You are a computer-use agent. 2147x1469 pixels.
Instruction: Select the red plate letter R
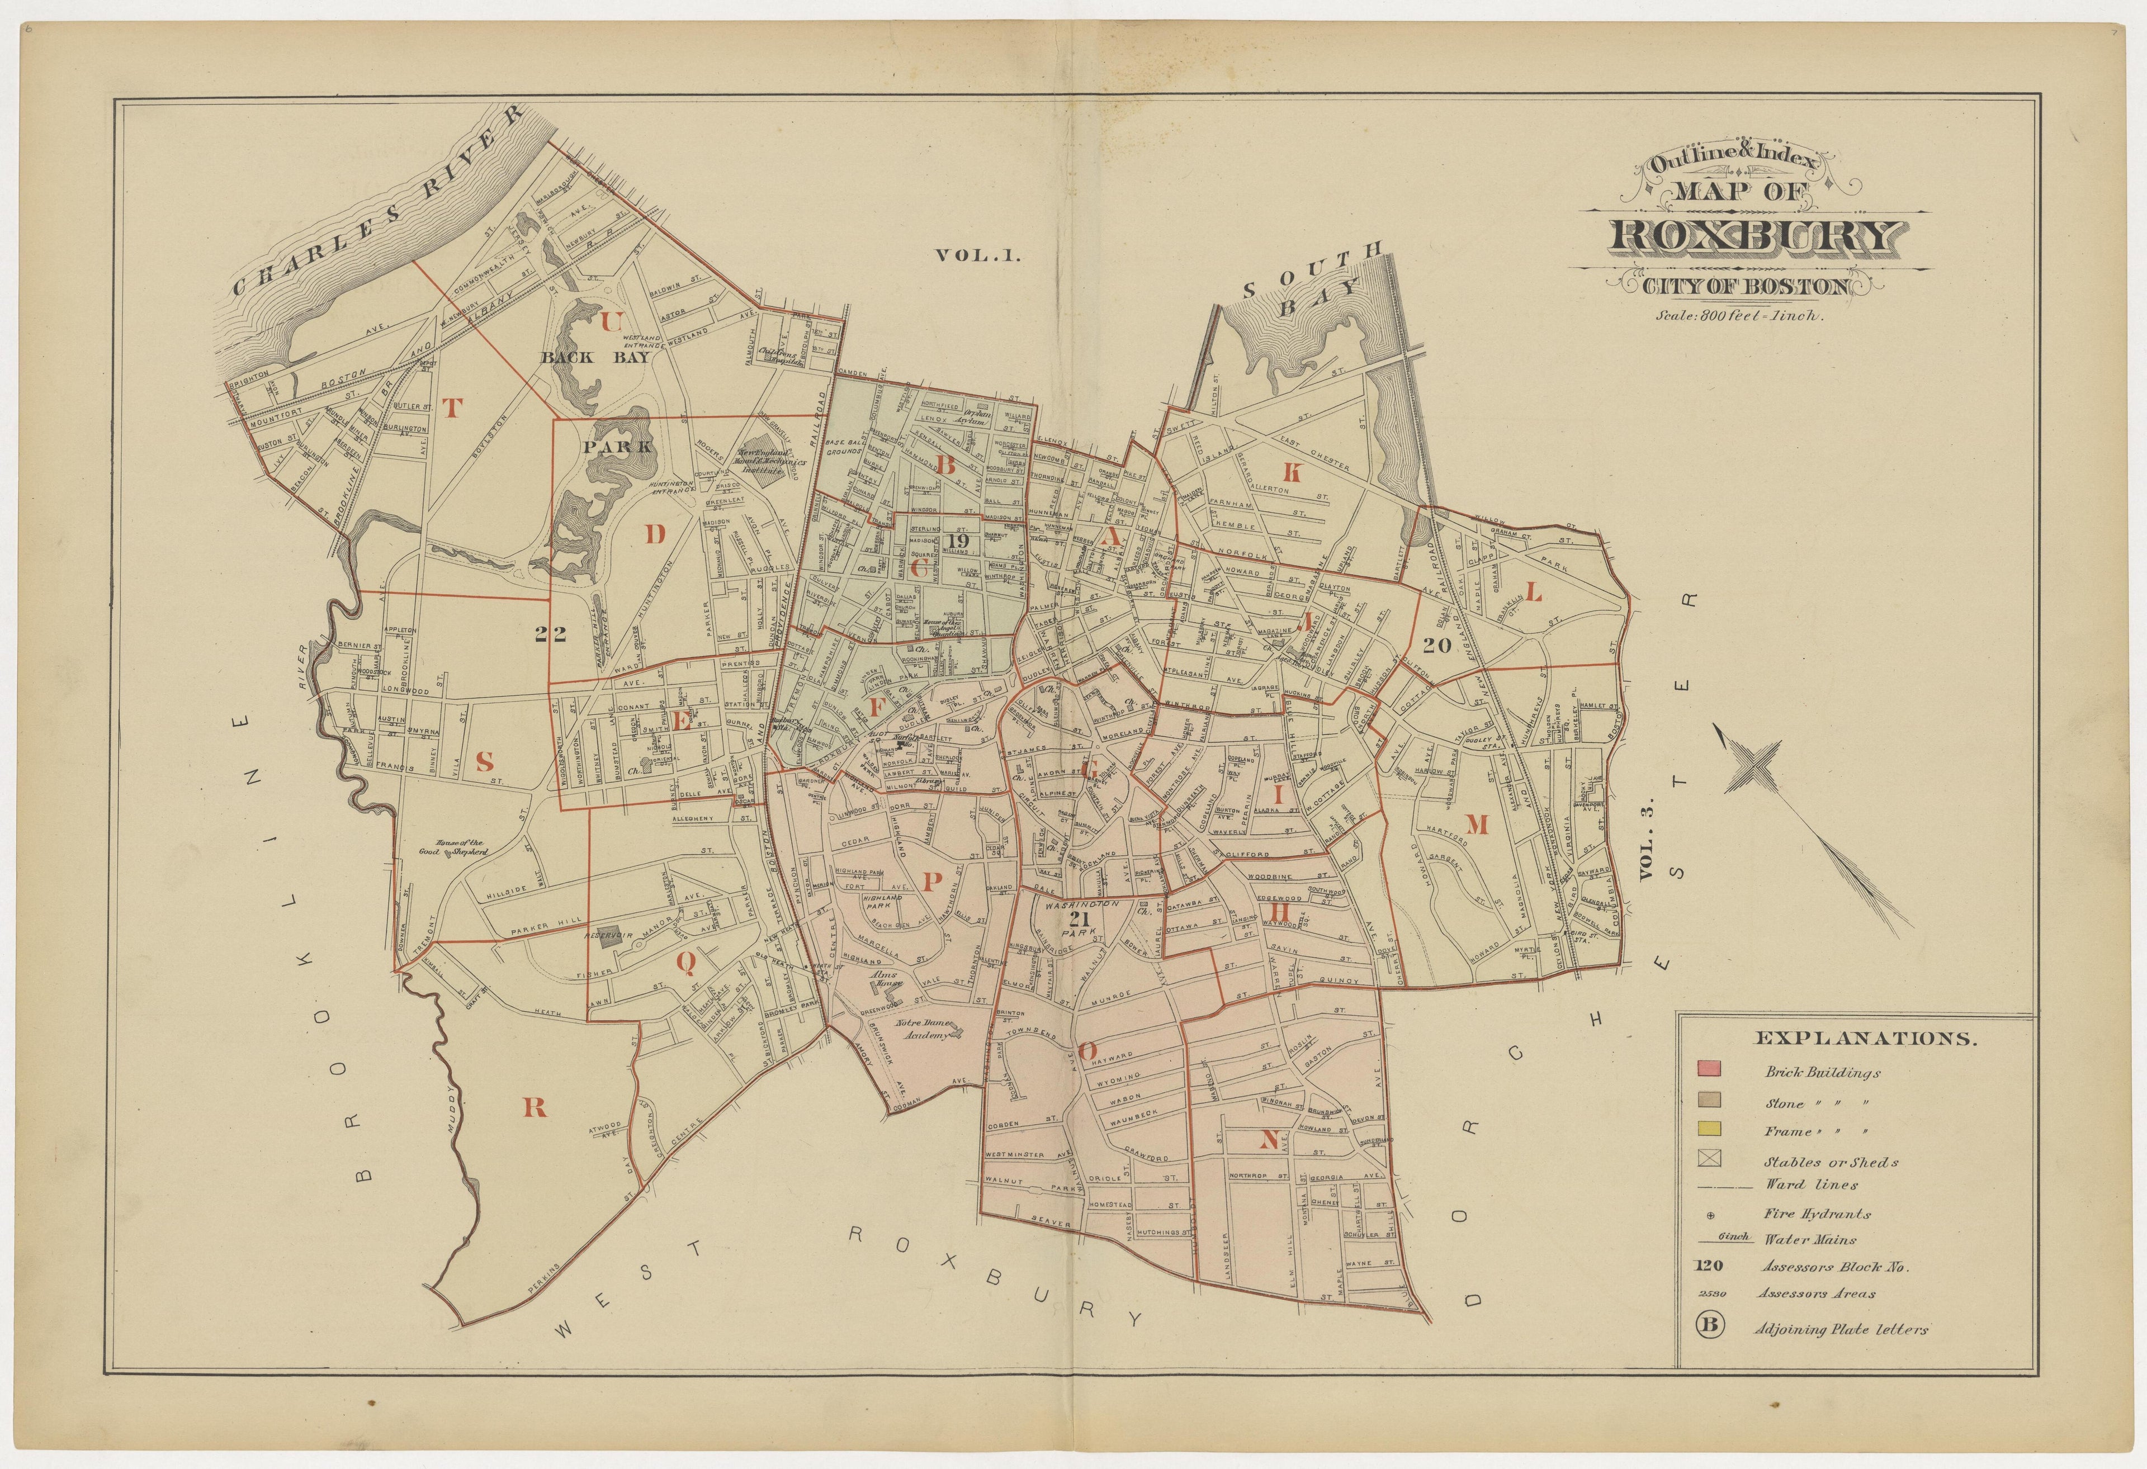535,1108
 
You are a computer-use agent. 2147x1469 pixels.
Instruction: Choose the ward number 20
1437,646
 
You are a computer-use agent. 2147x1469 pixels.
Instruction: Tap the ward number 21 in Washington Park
1078,920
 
